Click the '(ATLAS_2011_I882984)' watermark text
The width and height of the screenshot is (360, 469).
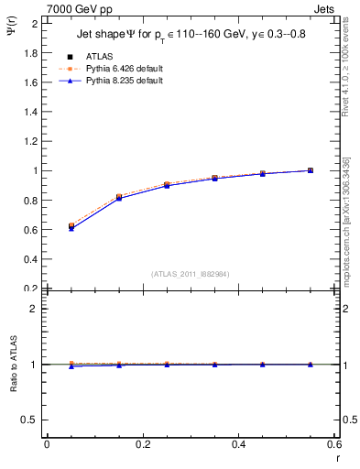pos(191,274)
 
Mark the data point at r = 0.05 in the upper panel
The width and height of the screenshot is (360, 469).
pos(71,226)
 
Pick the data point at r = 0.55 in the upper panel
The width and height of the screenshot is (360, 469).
pos(311,170)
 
